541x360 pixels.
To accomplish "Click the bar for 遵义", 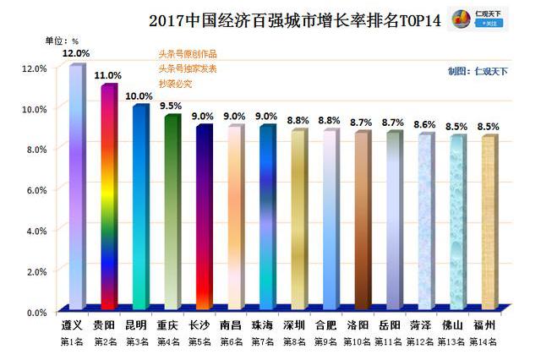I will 76,186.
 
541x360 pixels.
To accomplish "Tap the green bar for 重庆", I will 172,211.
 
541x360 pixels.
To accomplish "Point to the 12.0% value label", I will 76,53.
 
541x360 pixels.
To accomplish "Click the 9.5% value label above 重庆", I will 172,106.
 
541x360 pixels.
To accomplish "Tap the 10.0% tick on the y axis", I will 34,108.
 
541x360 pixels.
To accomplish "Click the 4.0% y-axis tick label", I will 36,231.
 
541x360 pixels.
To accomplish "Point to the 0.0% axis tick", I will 36,312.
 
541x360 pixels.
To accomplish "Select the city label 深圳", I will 296,325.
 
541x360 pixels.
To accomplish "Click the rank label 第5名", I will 201,341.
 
